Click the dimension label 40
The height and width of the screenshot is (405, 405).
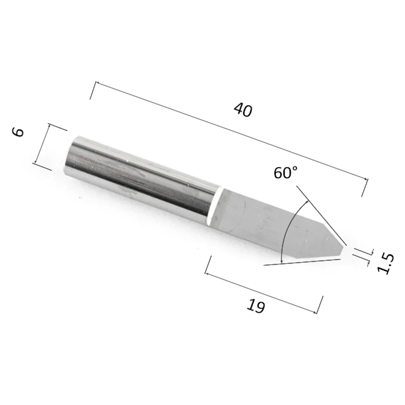(x=243, y=110)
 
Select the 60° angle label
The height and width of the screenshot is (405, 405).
(x=286, y=173)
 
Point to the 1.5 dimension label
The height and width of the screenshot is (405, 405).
(x=386, y=263)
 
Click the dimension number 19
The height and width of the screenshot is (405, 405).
(x=256, y=306)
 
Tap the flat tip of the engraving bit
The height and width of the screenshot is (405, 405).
(x=343, y=252)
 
